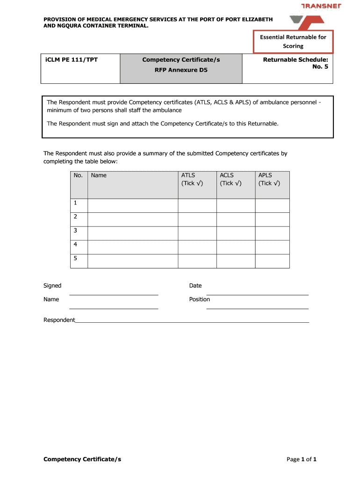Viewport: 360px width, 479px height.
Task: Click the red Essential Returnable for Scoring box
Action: click(293, 42)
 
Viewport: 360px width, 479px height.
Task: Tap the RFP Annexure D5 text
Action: click(181, 70)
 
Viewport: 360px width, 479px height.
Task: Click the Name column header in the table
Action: click(99, 175)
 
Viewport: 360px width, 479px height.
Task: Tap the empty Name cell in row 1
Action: click(132, 205)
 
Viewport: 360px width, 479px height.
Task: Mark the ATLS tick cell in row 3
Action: click(197, 233)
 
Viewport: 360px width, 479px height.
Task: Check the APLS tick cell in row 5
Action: click(272, 261)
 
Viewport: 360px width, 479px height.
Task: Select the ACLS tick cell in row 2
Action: click(236, 219)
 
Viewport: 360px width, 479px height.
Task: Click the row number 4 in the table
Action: click(75, 244)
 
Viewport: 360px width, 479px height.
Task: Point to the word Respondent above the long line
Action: click(59, 320)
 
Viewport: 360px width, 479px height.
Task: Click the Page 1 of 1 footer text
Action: click(302, 459)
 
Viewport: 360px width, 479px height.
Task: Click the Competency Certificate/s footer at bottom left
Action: click(82, 459)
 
